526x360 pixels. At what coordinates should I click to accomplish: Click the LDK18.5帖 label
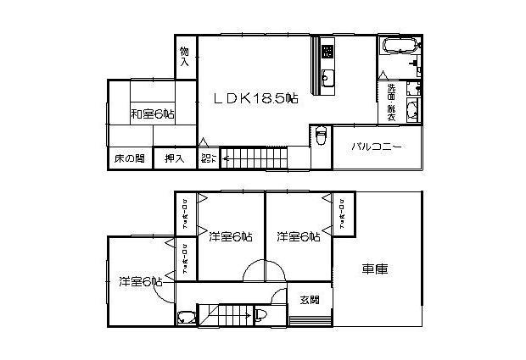pyautogui.click(x=255, y=99)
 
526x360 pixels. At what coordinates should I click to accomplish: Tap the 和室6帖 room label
pyautogui.click(x=153, y=114)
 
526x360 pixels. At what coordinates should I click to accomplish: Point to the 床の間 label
pyautogui.click(x=129, y=159)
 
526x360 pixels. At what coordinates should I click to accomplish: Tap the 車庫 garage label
pyautogui.click(x=375, y=270)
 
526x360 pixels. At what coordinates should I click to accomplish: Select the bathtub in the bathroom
pyautogui.click(x=397, y=46)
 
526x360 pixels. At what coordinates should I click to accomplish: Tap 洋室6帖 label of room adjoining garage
pyautogui.click(x=298, y=236)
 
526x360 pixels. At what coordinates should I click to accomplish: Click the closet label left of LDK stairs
pyautogui.click(x=207, y=158)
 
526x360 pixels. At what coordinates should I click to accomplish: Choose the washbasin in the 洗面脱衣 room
pyautogui.click(x=412, y=108)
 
